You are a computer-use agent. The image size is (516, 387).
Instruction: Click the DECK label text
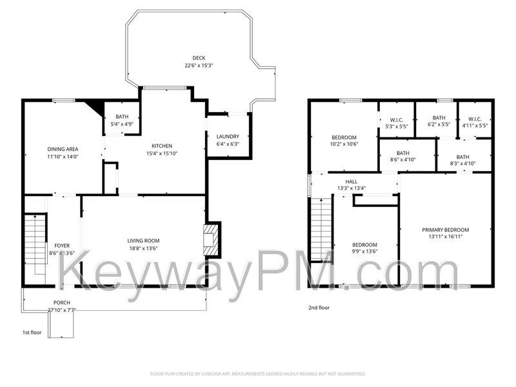click(x=199, y=58)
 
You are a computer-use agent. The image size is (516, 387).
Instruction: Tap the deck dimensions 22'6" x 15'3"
click(x=199, y=65)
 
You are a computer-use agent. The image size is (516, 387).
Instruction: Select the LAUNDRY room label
click(x=228, y=137)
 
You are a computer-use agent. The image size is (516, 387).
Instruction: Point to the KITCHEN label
click(x=162, y=146)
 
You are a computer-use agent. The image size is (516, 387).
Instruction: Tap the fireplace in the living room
click(x=211, y=240)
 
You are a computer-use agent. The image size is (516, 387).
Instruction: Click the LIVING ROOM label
click(x=143, y=241)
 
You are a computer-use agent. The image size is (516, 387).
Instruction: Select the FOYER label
click(x=62, y=245)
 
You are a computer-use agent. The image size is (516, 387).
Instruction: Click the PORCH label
click(x=62, y=303)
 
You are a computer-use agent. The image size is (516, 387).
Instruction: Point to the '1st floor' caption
click(x=32, y=333)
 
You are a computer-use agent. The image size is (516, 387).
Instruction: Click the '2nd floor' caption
click(x=319, y=308)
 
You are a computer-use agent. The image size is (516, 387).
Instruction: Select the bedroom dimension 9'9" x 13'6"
click(x=364, y=252)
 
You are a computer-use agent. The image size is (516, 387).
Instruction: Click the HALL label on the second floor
click(x=351, y=182)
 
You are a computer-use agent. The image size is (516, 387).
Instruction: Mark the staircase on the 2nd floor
click(x=321, y=229)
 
